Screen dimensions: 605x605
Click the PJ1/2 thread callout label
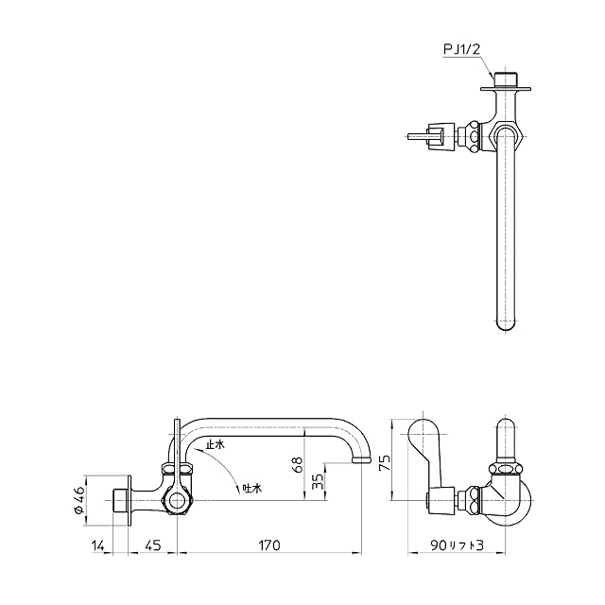pos(461,50)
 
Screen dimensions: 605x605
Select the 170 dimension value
pos(269,545)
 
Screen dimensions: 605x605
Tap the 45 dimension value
pos(153,545)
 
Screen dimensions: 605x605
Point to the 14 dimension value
pos(98,545)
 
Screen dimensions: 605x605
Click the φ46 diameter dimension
pos(78,500)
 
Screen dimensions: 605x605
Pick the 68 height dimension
pos(299,464)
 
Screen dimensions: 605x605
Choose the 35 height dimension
pos(318,481)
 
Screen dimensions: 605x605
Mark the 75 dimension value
pos(385,462)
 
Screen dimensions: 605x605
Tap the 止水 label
pos(215,445)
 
